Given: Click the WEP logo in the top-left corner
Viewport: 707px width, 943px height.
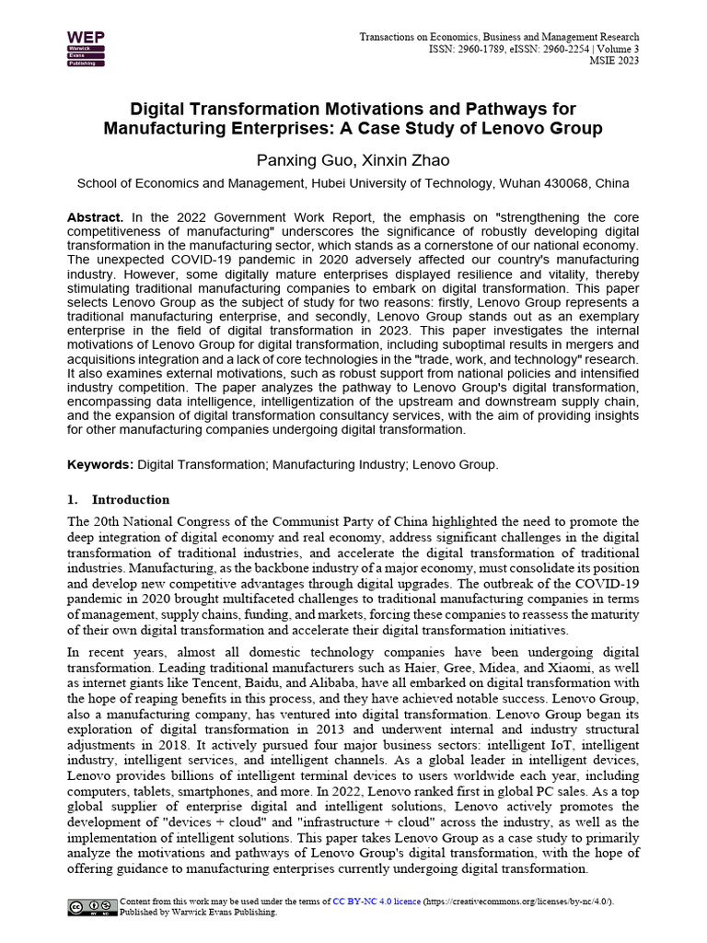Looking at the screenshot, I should [86, 49].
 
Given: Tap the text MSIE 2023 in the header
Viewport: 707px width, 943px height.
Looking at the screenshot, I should [614, 62].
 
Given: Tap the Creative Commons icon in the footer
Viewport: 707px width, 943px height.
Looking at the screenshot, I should [92, 907].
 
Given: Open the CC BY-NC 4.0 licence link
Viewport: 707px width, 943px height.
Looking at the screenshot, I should [376, 902].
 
